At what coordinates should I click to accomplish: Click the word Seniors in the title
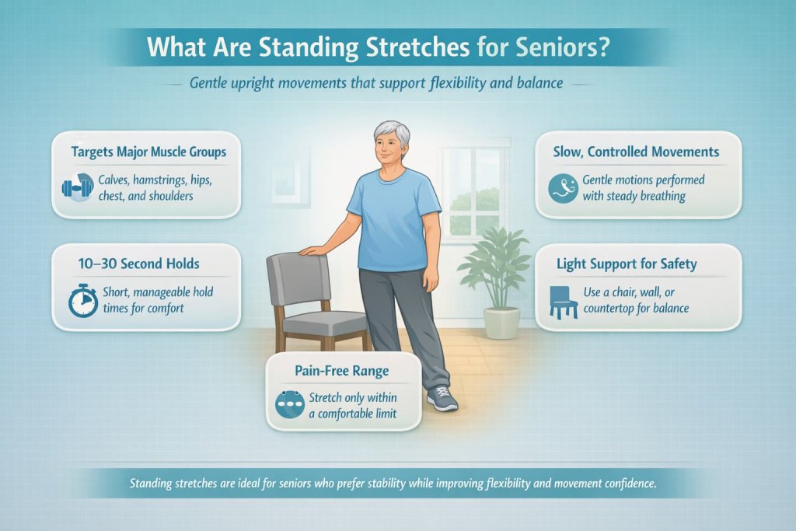(x=558, y=47)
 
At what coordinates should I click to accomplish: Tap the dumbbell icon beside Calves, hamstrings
(x=76, y=187)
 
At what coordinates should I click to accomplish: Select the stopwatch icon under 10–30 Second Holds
(x=82, y=302)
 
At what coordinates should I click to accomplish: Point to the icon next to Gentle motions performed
(x=563, y=187)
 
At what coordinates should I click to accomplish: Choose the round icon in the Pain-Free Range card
(x=291, y=404)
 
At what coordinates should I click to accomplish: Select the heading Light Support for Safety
(x=627, y=264)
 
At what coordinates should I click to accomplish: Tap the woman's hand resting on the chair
(x=312, y=250)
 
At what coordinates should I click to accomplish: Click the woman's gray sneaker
(x=442, y=398)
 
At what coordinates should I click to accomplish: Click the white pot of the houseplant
(x=501, y=322)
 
